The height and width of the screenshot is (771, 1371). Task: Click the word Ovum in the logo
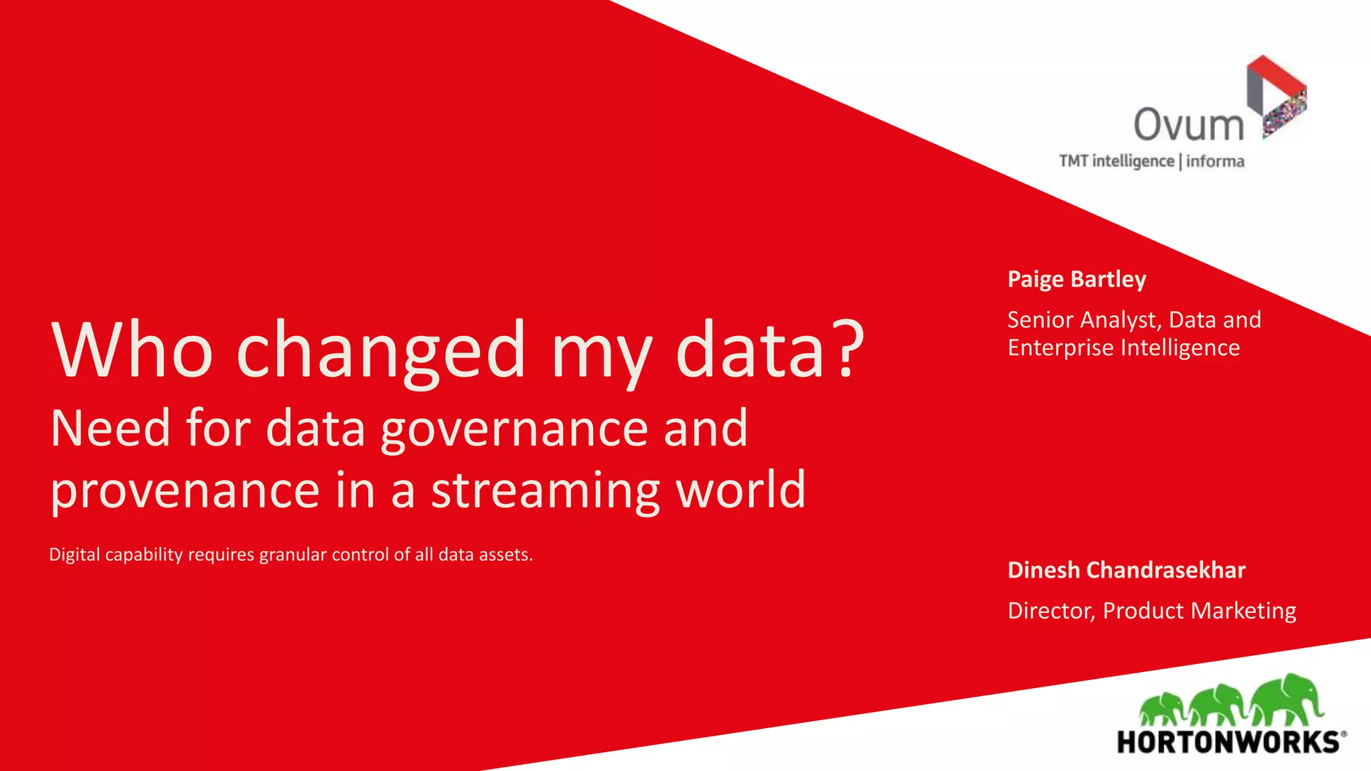click(x=1188, y=124)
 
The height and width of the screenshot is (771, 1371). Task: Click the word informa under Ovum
click(x=1215, y=161)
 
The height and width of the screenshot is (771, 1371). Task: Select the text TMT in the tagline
click(x=1073, y=161)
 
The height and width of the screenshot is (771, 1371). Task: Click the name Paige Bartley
click(x=1076, y=279)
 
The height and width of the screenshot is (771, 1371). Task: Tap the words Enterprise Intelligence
click(x=1123, y=348)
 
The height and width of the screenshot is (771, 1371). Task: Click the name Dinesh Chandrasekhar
click(x=1126, y=570)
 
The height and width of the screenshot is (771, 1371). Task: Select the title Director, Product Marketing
click(x=1151, y=610)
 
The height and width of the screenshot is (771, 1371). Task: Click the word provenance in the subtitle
click(x=185, y=491)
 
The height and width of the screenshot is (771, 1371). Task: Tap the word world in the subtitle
click(x=740, y=490)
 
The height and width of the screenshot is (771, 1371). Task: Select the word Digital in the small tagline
click(x=74, y=555)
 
